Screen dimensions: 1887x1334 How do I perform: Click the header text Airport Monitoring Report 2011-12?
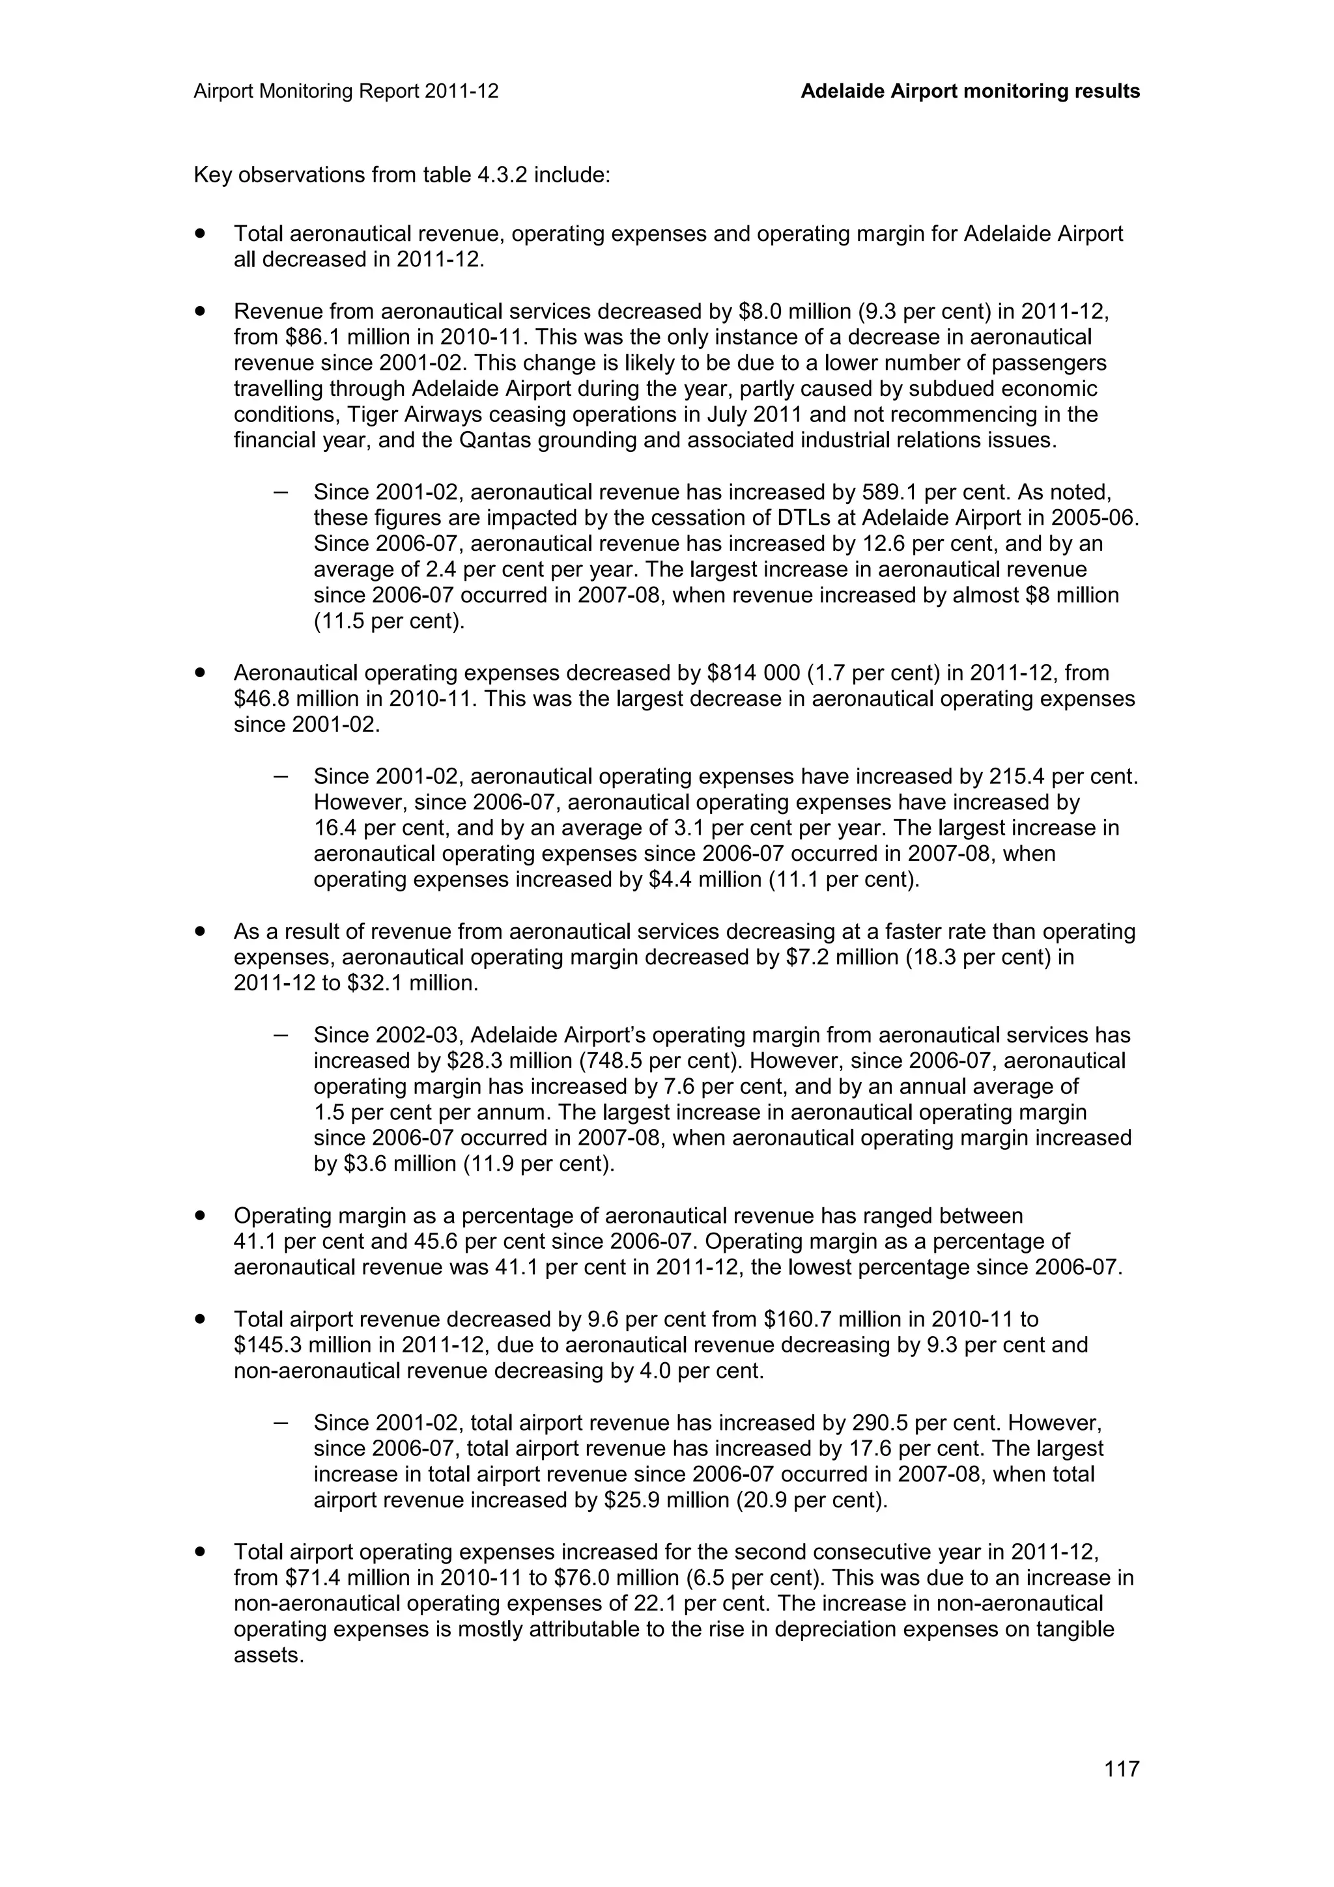tap(346, 91)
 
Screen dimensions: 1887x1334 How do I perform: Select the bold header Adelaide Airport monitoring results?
tap(970, 91)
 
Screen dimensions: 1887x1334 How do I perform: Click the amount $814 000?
tap(753, 673)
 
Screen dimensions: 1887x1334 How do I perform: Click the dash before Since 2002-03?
tap(280, 1035)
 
